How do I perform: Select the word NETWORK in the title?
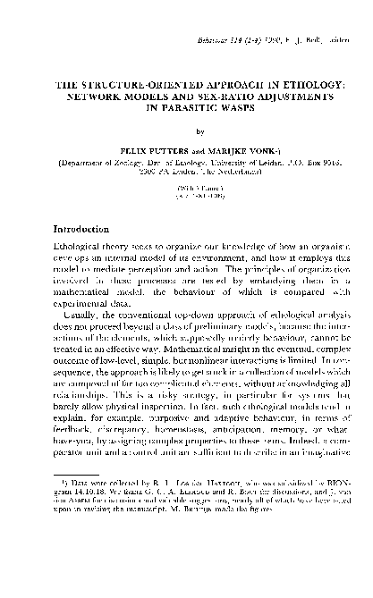tap(92, 93)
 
